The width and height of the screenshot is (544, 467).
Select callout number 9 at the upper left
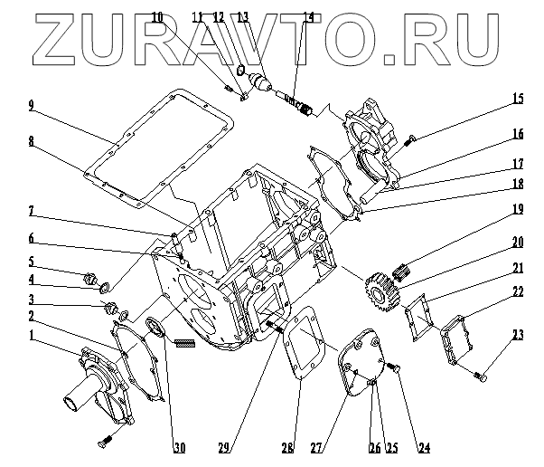coord(32,106)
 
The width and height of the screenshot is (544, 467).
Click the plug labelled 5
coord(91,278)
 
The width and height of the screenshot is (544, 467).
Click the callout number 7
coord(32,211)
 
